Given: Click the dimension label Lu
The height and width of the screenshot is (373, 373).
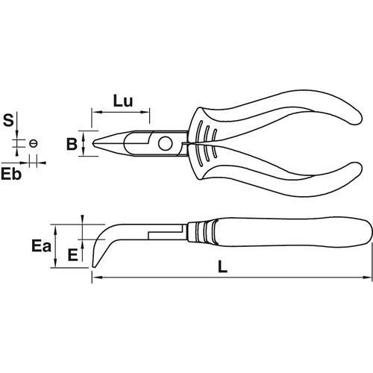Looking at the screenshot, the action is pos(123,101).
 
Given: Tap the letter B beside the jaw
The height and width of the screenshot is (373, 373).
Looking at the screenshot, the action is pos(72,144).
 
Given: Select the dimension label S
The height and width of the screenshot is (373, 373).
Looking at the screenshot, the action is pos(8,120).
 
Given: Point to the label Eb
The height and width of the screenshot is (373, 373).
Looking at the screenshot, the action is pos(11,174).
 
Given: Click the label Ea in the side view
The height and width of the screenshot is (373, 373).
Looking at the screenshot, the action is pos(41,246).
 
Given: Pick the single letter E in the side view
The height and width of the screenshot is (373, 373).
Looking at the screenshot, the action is pos(73,255).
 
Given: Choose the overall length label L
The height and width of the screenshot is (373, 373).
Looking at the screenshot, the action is pos(222,266).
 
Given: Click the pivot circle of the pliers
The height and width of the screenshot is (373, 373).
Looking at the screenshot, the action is pos(166,143).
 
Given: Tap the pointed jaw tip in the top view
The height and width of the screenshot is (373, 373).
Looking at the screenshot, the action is pos(93,143).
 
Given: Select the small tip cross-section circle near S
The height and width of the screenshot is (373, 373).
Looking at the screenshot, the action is pos(33,143).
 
